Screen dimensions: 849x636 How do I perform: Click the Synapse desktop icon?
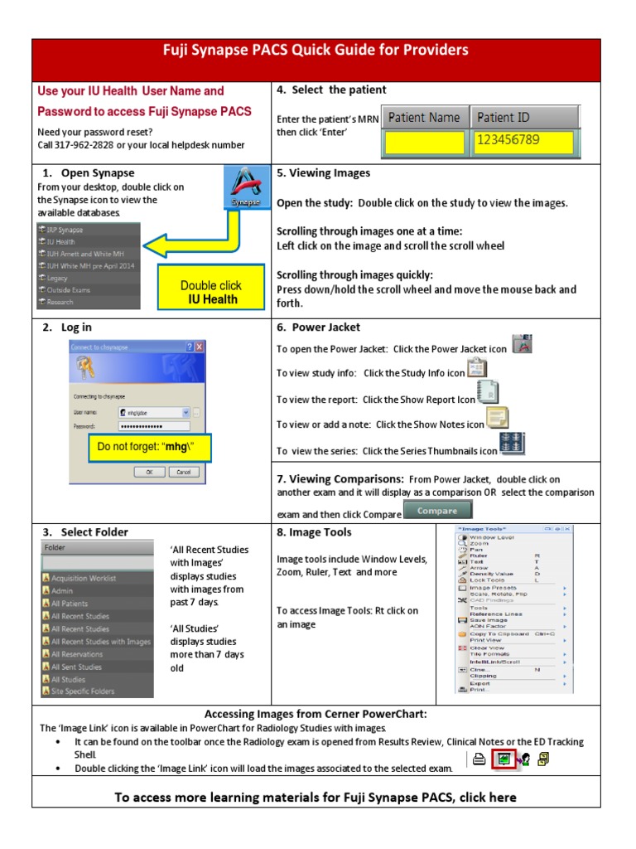(x=245, y=188)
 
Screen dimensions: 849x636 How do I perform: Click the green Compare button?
(x=436, y=512)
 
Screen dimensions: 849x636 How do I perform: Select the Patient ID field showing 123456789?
(x=523, y=141)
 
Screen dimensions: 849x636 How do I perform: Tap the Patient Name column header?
(x=424, y=118)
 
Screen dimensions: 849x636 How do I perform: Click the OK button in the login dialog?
(x=150, y=471)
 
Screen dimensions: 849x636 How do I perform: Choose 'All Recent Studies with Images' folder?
(x=99, y=642)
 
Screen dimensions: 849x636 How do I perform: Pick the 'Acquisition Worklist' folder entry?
(x=83, y=578)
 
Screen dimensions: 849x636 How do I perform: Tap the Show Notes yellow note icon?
(x=497, y=418)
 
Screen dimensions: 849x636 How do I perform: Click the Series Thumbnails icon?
(x=513, y=444)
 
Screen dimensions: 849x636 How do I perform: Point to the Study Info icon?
(x=478, y=369)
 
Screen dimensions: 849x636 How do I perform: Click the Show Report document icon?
(x=488, y=392)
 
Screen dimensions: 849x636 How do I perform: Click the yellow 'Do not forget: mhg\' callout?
(x=150, y=447)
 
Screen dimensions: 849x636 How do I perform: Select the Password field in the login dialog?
(x=153, y=425)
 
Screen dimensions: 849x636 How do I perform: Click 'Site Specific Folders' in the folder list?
(x=83, y=691)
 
